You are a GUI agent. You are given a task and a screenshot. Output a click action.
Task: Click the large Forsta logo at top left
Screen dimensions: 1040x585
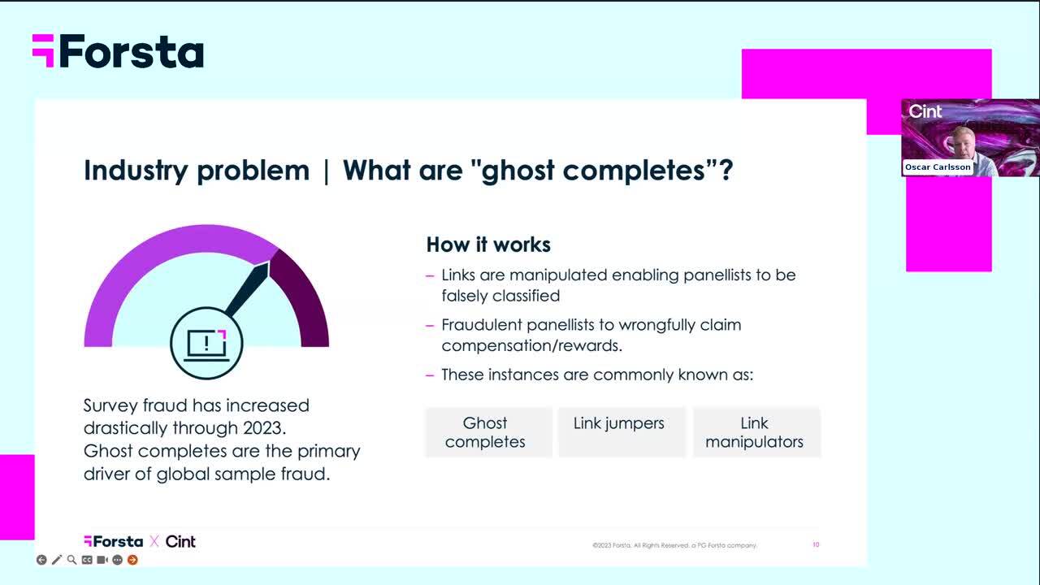click(118, 51)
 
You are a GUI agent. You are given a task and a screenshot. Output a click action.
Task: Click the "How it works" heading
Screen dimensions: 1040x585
click(488, 245)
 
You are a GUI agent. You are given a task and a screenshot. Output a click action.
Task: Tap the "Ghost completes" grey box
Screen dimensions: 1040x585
click(489, 432)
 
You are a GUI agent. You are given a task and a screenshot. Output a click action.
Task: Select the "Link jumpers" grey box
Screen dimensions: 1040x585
click(622, 432)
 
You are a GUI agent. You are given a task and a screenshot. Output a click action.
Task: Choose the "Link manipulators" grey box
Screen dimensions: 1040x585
click(756, 432)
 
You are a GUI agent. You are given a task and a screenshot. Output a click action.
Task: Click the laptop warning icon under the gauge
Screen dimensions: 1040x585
click(206, 344)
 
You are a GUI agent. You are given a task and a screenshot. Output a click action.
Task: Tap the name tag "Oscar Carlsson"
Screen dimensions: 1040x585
click(938, 167)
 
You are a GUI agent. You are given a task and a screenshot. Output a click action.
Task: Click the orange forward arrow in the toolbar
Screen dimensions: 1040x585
click(132, 560)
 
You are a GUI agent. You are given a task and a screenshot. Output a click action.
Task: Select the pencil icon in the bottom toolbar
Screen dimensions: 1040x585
click(57, 560)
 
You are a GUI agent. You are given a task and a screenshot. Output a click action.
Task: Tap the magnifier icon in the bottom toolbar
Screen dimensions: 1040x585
click(71, 560)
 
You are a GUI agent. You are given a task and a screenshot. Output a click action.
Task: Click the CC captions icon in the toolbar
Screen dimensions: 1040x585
click(87, 560)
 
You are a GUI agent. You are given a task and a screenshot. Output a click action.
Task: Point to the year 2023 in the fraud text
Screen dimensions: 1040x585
click(262, 428)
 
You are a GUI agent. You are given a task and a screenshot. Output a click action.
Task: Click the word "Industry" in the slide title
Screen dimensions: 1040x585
click(136, 171)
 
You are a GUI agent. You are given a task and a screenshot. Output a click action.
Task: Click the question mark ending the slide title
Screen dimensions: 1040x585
click(726, 170)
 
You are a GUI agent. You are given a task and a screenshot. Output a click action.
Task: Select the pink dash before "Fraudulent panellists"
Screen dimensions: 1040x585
click(430, 326)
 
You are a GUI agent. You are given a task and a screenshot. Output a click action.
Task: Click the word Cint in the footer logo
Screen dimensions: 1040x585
click(180, 541)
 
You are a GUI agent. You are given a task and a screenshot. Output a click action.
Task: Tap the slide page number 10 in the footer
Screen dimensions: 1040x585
click(816, 544)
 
